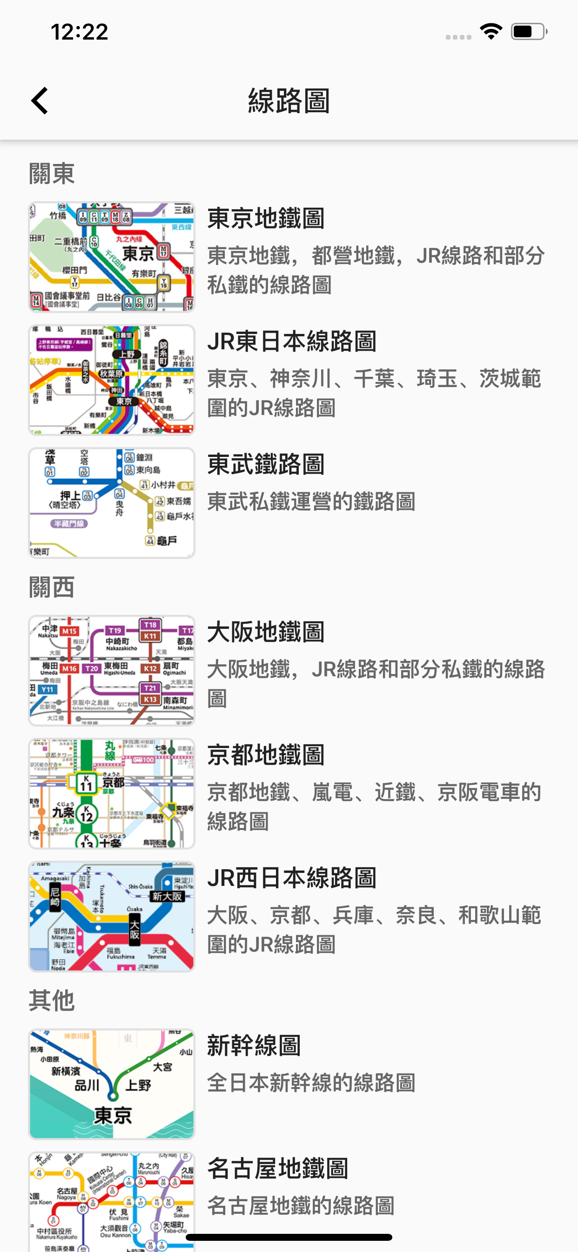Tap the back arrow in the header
[40, 101]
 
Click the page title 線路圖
[289, 101]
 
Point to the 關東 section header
[52, 174]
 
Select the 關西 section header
[52, 587]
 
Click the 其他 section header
[52, 1000]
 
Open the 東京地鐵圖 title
[266, 218]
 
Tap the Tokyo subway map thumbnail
[112, 257]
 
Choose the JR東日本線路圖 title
[292, 341]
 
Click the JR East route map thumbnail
[112, 380]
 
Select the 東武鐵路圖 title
[266, 464]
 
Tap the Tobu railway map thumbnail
[112, 503]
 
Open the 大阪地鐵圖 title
[266, 632]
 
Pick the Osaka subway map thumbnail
[112, 670]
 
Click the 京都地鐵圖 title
[266, 755]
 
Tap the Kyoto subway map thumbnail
[112, 793]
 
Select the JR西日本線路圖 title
[292, 878]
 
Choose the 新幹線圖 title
[254, 1046]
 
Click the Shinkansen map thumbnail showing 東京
[112, 1084]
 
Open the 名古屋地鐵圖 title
[278, 1169]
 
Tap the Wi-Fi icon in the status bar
[491, 32]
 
